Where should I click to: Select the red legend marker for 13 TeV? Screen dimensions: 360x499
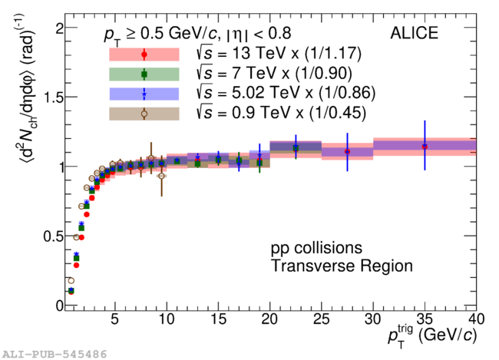click(x=144, y=54)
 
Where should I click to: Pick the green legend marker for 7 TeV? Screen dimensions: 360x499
click(x=144, y=74)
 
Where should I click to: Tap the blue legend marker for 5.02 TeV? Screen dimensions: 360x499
click(x=144, y=94)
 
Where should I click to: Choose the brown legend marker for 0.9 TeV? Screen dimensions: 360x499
click(x=144, y=114)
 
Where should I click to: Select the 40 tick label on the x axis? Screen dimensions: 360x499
click(x=476, y=319)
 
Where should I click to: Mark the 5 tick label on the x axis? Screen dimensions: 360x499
click(x=115, y=319)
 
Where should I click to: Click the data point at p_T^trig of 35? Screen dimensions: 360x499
click(x=425, y=146)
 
